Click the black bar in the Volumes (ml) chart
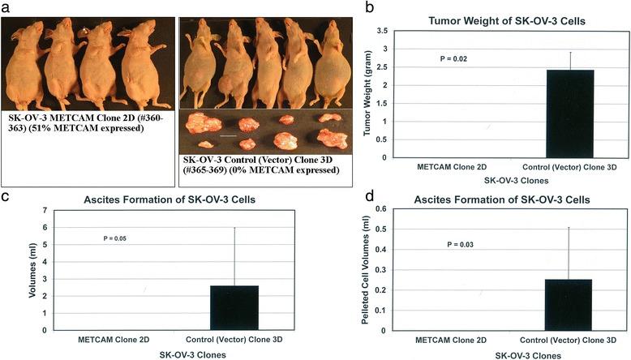(234, 308)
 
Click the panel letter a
(5, 7)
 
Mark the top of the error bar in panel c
(234, 228)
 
